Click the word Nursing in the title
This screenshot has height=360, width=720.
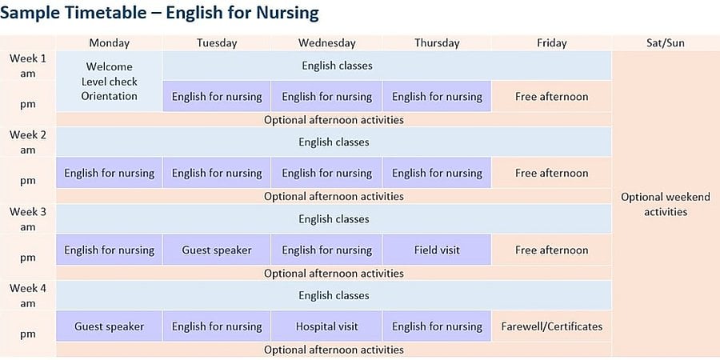pos(287,13)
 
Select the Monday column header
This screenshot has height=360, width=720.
pos(110,43)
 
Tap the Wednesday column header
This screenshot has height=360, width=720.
pos(327,43)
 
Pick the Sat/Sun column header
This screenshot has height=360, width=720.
pos(666,43)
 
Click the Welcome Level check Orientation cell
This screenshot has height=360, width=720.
pos(110,82)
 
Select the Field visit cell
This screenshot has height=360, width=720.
pos(437,250)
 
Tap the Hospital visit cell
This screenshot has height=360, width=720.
pos(326,326)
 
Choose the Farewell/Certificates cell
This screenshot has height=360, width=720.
pos(551,326)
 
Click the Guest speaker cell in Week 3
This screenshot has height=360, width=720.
pos(217,250)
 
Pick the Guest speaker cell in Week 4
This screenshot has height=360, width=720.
pos(110,326)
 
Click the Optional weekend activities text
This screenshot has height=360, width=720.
pos(666,204)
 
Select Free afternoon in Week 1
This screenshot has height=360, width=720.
pos(551,97)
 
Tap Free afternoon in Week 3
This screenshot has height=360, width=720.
pos(551,250)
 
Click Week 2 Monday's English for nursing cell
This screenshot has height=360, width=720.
pos(110,173)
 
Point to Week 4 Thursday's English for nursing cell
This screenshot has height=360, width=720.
pos(437,326)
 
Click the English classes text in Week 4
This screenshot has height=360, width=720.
pos(334,295)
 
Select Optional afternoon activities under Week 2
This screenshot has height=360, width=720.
pos(334,197)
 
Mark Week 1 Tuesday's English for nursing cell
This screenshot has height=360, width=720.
pos(217,97)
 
